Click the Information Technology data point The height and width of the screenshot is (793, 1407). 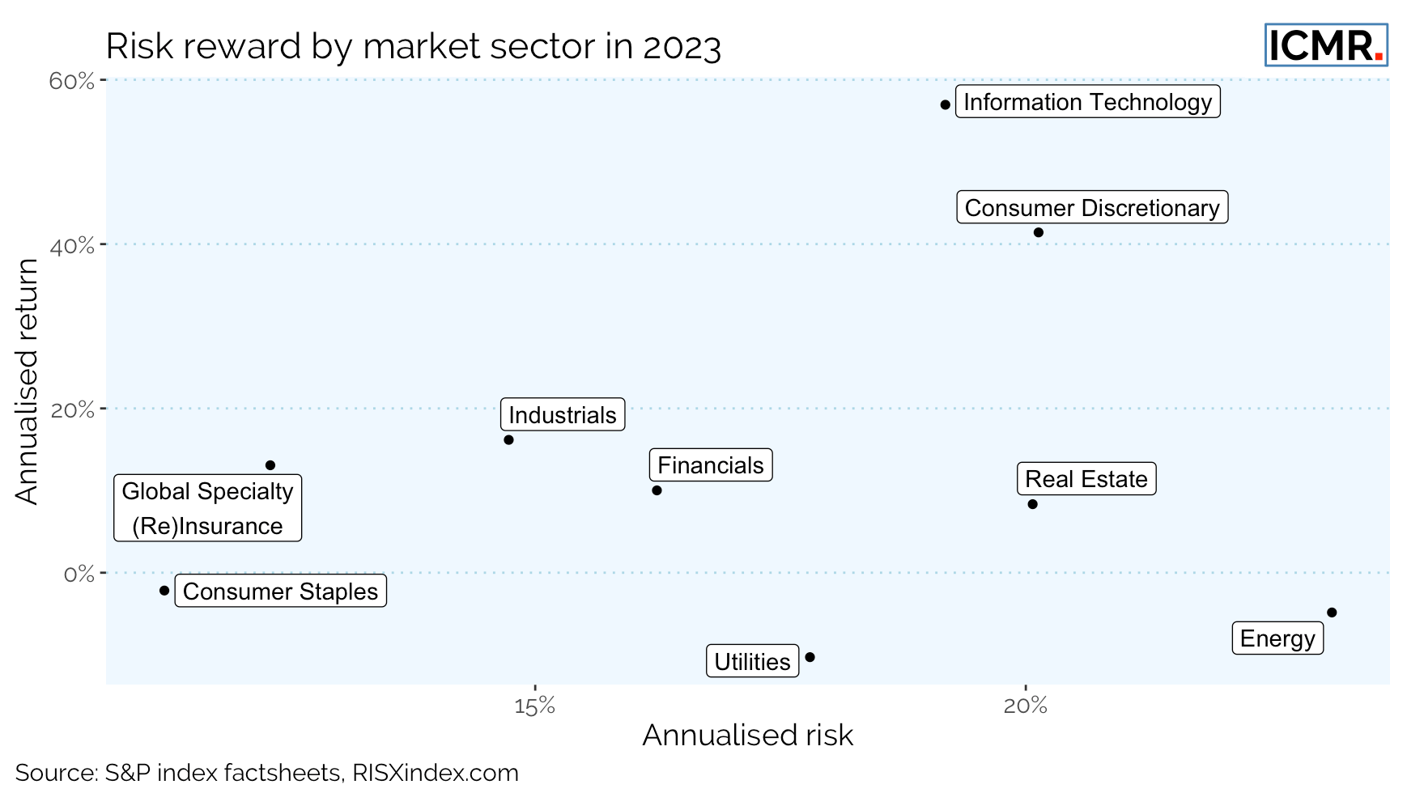click(945, 105)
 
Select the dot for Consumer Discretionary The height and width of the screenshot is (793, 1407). click(1039, 233)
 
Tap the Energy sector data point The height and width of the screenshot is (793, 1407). click(1332, 613)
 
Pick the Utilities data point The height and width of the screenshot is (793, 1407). click(810, 657)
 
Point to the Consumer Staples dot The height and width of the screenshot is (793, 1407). click(164, 591)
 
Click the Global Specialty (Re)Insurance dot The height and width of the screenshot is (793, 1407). click(270, 465)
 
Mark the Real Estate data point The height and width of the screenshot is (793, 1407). click(1032, 504)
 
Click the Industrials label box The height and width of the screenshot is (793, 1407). click(563, 415)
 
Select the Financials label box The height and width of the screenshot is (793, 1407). click(711, 465)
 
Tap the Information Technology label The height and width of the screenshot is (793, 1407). click(1087, 102)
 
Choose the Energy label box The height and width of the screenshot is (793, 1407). click(1277, 638)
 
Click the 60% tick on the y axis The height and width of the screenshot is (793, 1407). click(72, 82)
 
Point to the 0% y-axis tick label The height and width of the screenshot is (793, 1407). click(79, 575)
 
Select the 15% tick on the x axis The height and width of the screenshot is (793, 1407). click(534, 706)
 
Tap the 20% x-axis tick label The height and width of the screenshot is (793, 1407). click(1025, 706)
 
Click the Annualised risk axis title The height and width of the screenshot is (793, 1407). click(747, 736)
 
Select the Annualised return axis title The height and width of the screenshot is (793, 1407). click(27, 381)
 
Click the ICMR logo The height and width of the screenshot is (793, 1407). click(1326, 45)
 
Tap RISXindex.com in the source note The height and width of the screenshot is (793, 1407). click(436, 773)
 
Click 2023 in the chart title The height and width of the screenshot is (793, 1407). click(682, 47)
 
